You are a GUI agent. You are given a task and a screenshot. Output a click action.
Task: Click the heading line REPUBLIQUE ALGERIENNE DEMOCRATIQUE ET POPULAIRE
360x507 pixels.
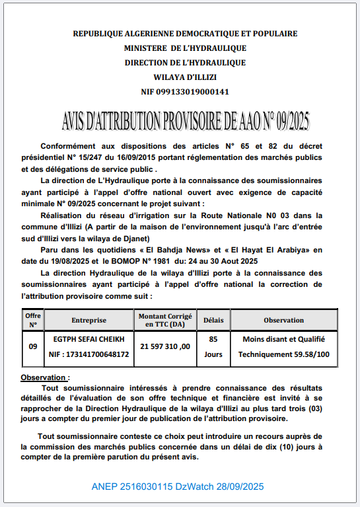pyautogui.click(x=185, y=33)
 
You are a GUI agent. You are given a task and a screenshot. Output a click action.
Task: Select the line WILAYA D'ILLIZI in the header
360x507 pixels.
pyautogui.click(x=185, y=77)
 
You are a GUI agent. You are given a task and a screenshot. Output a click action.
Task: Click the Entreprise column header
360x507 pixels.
pyautogui.click(x=89, y=320)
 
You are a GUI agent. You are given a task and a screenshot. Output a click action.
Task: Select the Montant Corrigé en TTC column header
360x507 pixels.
pyautogui.click(x=165, y=320)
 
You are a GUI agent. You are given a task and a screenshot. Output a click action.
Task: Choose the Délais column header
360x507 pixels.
pyautogui.click(x=213, y=320)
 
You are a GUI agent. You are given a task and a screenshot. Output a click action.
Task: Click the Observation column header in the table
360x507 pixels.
pyautogui.click(x=283, y=320)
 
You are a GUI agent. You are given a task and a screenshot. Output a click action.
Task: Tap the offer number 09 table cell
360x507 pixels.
pyautogui.click(x=33, y=346)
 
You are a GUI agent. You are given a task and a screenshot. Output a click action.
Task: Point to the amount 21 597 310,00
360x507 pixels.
pyautogui.click(x=165, y=346)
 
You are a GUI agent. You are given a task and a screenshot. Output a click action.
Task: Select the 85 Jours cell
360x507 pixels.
pyautogui.click(x=213, y=346)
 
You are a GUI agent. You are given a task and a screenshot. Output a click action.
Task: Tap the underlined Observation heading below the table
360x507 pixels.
pyautogui.click(x=45, y=377)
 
